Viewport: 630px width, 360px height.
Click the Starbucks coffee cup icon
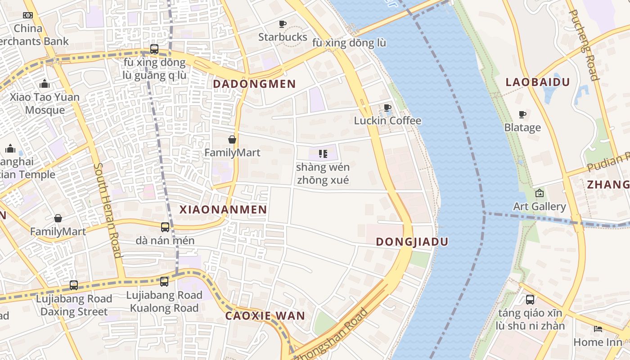point(283,24)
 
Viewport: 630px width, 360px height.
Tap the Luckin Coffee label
point(387,121)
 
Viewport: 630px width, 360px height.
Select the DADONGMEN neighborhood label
point(254,84)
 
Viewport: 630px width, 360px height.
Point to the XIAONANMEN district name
point(223,209)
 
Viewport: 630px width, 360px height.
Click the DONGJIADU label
point(412,242)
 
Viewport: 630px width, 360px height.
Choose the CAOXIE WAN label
point(265,315)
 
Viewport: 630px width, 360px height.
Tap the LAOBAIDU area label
point(537,82)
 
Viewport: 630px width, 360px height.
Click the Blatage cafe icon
point(522,114)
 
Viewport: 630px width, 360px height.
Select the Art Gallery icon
point(540,193)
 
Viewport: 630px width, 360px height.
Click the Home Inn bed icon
point(598,329)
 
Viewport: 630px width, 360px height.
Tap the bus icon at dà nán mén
point(165,227)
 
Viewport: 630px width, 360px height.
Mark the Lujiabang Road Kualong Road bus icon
point(164,282)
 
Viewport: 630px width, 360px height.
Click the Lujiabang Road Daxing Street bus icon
point(74,285)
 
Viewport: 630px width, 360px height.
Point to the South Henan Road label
point(108,210)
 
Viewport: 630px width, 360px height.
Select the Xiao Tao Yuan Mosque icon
point(45,84)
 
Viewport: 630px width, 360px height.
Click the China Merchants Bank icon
point(28,15)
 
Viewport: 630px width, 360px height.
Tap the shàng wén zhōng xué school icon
point(323,154)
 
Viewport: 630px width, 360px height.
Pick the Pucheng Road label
point(584,45)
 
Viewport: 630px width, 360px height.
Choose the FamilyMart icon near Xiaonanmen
point(232,139)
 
